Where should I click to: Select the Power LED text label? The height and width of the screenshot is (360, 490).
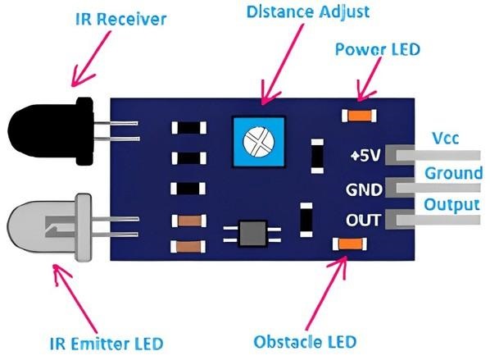[x=378, y=49]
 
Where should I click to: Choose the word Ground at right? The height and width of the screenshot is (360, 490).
[x=452, y=173]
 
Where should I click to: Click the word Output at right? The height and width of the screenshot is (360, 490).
[x=451, y=203]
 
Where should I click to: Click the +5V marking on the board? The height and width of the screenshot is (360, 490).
[x=363, y=155]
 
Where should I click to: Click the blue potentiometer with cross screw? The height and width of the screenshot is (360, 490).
[x=262, y=143]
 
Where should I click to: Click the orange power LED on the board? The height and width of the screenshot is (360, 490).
[x=354, y=117]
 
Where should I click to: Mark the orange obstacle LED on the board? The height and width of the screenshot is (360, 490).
[x=351, y=244]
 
